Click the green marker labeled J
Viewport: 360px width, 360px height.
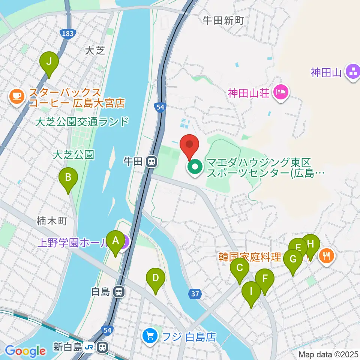49,61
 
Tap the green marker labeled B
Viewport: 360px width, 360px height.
68,177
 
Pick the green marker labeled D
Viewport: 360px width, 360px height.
156,278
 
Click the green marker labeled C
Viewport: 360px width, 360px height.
240,268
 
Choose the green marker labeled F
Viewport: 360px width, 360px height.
265,279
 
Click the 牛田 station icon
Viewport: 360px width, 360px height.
152,162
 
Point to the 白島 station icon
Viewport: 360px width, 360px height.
118,291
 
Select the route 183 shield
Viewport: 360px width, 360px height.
67,34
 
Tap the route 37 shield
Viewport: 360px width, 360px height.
195,294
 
